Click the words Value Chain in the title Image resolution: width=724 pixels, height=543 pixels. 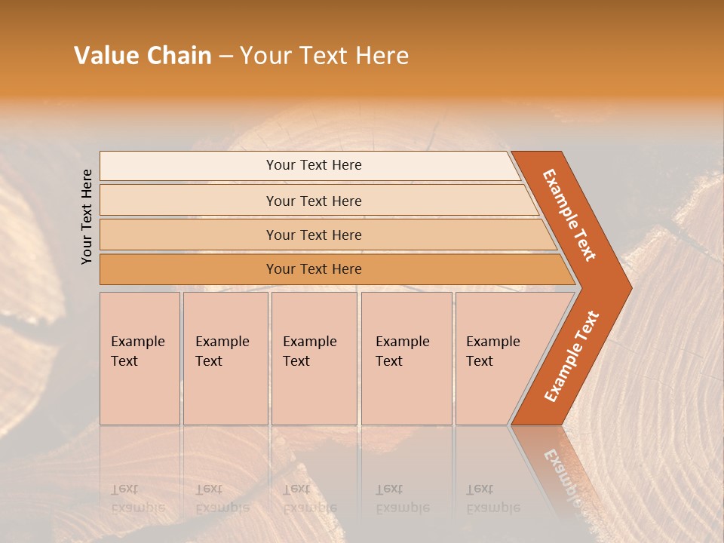[143, 56]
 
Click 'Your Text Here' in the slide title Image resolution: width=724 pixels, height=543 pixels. [324, 56]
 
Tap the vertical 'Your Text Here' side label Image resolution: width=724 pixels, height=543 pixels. [87, 216]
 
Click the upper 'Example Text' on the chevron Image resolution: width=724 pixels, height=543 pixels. [569, 215]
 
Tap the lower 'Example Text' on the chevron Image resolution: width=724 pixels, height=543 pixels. [572, 357]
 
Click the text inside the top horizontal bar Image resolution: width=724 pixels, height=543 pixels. [314, 165]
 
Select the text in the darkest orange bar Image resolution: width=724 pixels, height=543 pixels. [314, 269]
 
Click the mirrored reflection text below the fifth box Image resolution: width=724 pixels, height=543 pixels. [492, 499]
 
